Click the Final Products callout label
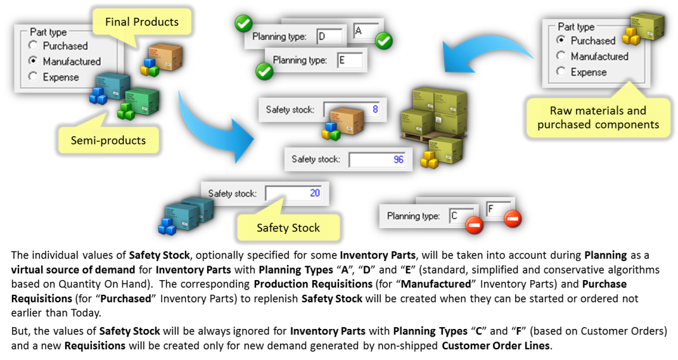pyautogui.click(x=142, y=22)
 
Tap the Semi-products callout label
pyautogui.click(x=108, y=140)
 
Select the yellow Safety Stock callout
pyautogui.click(x=288, y=228)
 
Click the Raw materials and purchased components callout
pyautogui.click(x=598, y=117)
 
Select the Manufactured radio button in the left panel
pyautogui.click(x=33, y=61)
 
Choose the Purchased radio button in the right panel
pyautogui.click(x=561, y=40)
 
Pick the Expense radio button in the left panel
pyautogui.click(x=33, y=76)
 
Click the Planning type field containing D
pyautogui.click(x=329, y=36)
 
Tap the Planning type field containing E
pyautogui.click(x=350, y=60)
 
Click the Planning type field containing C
pyautogui.click(x=461, y=215)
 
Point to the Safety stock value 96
pyautogui.click(x=398, y=159)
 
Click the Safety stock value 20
pyautogui.click(x=315, y=193)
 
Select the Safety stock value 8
pyautogui.click(x=375, y=109)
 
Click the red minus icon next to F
pyautogui.click(x=513, y=219)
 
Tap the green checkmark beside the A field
pyautogui.click(x=383, y=41)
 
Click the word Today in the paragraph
pyautogui.click(x=86, y=313)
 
